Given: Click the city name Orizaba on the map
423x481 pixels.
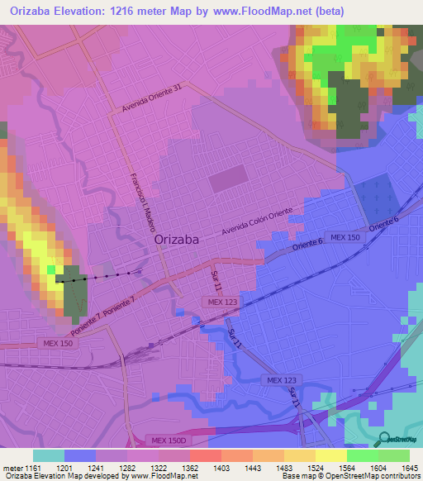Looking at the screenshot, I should tap(177, 240).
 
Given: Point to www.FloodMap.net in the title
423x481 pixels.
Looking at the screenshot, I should tap(264, 11).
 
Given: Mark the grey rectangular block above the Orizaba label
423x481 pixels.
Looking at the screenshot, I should tap(228, 179).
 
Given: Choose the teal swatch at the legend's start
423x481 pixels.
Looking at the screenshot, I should tap(48, 455).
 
